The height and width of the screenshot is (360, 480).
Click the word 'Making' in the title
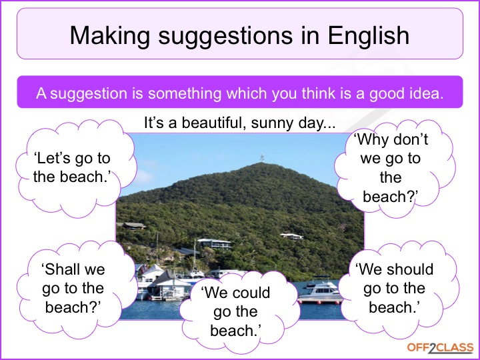point(110,36)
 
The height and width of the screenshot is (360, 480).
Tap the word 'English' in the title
point(369,36)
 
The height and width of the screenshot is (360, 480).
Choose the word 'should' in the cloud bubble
point(410,269)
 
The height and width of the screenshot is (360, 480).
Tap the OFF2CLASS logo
point(440,349)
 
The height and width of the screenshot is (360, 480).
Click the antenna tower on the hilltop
point(262,158)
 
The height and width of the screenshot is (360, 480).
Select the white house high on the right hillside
point(292,236)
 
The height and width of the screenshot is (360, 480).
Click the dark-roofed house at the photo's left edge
point(132,225)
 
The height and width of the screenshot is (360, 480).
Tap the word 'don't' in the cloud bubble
point(410,139)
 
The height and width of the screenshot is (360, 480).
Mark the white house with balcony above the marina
point(215,244)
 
